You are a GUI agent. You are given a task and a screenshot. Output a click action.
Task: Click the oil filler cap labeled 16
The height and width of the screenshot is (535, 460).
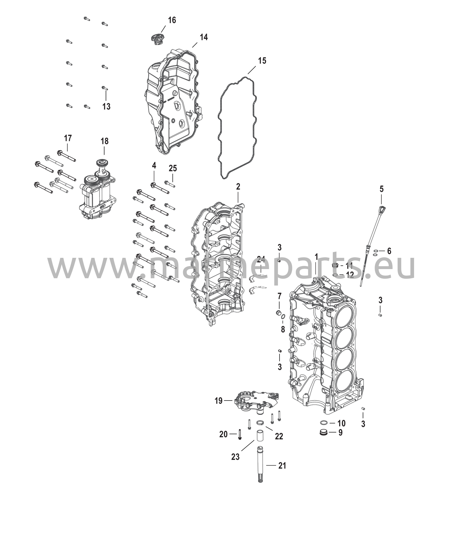point(156,39)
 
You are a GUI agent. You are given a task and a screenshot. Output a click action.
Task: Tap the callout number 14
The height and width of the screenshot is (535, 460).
point(204,37)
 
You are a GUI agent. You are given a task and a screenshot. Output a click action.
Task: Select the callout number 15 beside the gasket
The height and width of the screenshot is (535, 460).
point(262,61)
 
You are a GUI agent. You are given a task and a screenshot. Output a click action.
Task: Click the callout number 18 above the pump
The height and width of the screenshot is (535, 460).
point(104,141)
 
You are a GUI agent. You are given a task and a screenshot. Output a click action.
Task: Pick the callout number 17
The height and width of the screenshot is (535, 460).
point(68,138)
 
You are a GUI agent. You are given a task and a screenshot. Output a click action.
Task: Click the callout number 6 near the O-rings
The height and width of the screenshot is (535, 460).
point(389,251)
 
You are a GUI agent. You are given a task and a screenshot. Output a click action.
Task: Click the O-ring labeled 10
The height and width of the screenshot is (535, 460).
point(324,423)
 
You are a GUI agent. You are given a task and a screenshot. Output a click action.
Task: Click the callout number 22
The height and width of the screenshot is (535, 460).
point(279,436)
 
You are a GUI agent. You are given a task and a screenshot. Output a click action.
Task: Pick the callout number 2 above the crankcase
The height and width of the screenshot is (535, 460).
point(238,187)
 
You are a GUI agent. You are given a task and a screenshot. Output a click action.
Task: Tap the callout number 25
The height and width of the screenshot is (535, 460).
point(173,168)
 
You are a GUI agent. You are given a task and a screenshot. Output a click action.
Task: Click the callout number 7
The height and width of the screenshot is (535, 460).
point(280,296)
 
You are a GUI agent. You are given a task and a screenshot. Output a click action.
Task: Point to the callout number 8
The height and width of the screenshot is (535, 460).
point(283,330)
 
